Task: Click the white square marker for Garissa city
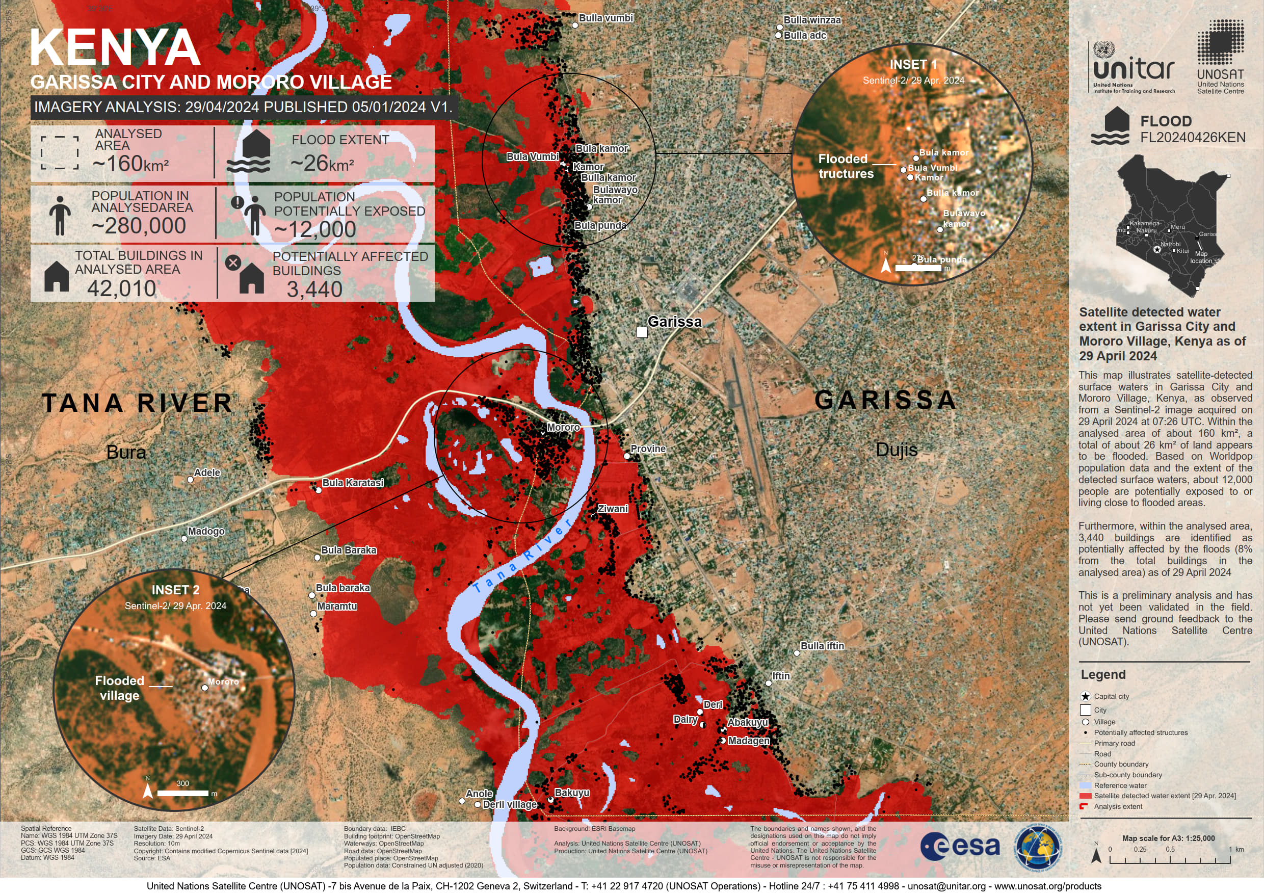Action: tap(642, 332)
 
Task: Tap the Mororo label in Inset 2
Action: tap(223, 681)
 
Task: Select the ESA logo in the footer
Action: tap(960, 847)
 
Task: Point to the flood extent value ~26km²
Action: tap(322, 164)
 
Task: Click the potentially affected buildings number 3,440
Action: tap(314, 289)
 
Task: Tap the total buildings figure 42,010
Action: tap(122, 288)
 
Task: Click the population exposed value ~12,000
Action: tap(315, 229)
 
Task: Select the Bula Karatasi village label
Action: tap(352, 483)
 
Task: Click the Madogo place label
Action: tap(206, 531)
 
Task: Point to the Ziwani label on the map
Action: tap(613, 509)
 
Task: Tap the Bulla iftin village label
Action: tap(822, 646)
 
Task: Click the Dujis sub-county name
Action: tap(896, 450)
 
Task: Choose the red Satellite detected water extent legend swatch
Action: tap(1085, 796)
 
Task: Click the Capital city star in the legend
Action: tap(1085, 696)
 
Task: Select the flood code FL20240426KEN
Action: tap(1193, 138)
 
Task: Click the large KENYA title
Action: tap(115, 48)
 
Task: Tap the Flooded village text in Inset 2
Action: tap(119, 688)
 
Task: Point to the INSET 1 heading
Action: tap(913, 64)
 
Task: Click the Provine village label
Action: tap(647, 449)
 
